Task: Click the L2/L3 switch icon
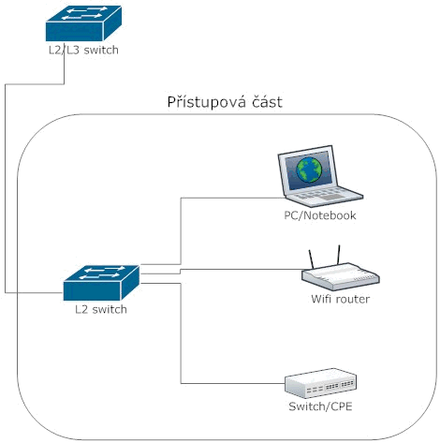pyautogui.click(x=83, y=23)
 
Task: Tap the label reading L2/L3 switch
pyautogui.click(x=83, y=50)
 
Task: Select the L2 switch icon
pyautogui.click(x=101, y=283)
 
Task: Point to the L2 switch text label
pyautogui.click(x=101, y=309)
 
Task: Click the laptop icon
pyautogui.click(x=320, y=176)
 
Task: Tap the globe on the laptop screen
pyautogui.click(x=309, y=170)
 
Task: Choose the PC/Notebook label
pyautogui.click(x=320, y=215)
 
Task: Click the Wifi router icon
pyautogui.click(x=341, y=270)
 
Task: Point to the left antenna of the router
pyautogui.click(x=311, y=259)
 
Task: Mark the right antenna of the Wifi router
pyautogui.click(x=338, y=255)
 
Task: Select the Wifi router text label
pyautogui.click(x=341, y=299)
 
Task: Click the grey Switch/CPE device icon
pyautogui.click(x=320, y=383)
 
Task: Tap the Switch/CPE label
pyautogui.click(x=320, y=406)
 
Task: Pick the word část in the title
pyautogui.click(x=268, y=102)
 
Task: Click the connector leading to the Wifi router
pyautogui.click(x=222, y=270)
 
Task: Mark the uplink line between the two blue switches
pyautogui.click(x=5, y=188)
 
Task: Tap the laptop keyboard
pyautogui.click(x=325, y=195)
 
